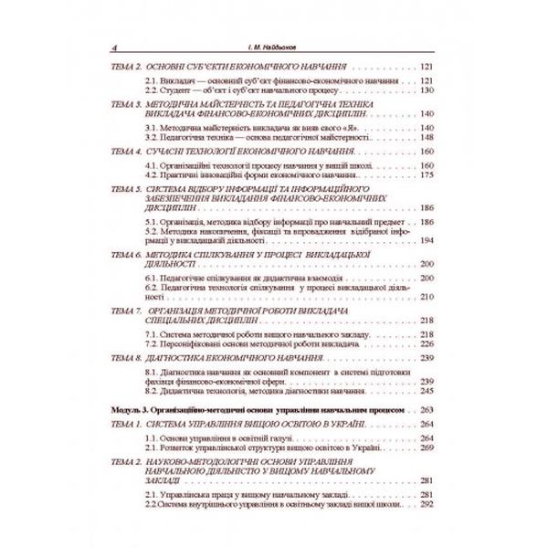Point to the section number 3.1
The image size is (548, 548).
pyautogui.click(x=153, y=127)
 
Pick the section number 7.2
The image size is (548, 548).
pyautogui.click(x=153, y=345)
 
